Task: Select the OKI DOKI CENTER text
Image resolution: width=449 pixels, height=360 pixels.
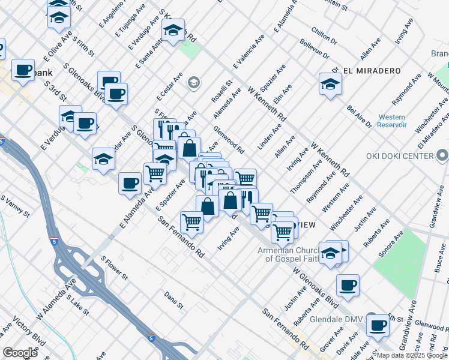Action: click(x=400, y=156)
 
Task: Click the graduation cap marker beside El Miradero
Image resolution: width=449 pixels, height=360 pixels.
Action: click(x=331, y=84)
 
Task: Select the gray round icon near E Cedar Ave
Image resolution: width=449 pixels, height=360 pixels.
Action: click(x=193, y=82)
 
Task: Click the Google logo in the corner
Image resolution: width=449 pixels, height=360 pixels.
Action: click(x=20, y=352)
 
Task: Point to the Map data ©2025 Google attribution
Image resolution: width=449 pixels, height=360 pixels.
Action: click(x=412, y=355)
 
